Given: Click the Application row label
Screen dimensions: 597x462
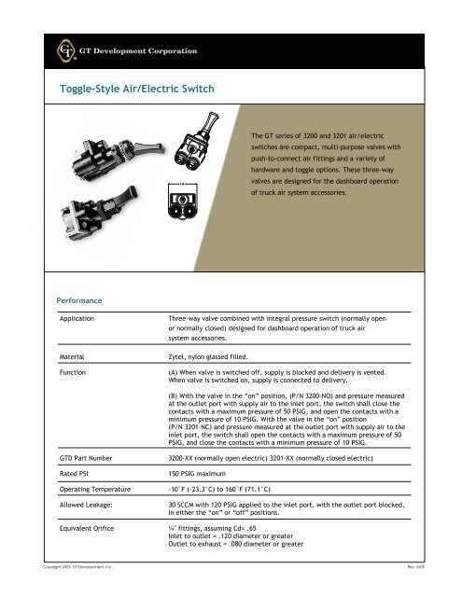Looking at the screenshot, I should [x=78, y=317].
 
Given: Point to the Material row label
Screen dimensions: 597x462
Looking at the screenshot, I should [x=73, y=356].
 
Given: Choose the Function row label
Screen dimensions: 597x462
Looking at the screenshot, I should [x=74, y=371].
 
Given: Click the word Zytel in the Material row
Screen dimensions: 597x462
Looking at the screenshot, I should [x=175, y=356].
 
